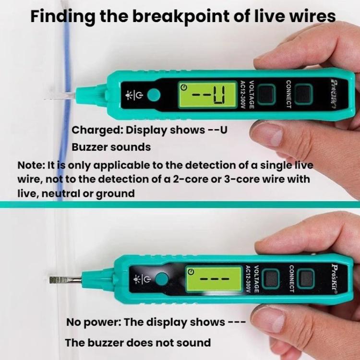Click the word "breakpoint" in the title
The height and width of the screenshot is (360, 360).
pyautogui.click(x=181, y=17)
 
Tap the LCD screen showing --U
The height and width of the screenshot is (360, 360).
pyautogui.click(x=208, y=95)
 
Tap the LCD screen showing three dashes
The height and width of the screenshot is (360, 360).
pyautogui.click(x=214, y=279)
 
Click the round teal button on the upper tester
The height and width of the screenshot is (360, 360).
pyautogui.click(x=154, y=95)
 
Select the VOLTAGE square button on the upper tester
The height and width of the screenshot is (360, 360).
pyautogui.click(x=266, y=95)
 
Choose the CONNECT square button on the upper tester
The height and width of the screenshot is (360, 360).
pyautogui.click(x=303, y=94)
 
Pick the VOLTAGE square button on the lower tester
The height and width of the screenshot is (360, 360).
pyautogui.click(x=271, y=279)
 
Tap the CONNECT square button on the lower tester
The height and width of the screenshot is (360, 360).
pyautogui.click(x=306, y=279)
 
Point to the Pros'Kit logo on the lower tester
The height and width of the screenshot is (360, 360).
pyautogui.click(x=335, y=279)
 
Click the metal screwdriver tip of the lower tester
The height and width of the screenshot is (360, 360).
pyautogui.click(x=65, y=280)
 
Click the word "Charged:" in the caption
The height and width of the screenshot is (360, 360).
pyautogui.click(x=97, y=131)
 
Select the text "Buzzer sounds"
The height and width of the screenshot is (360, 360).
pyautogui.click(x=111, y=147)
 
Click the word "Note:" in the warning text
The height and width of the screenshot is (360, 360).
pyautogui.click(x=31, y=165)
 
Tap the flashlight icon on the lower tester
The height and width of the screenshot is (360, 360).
pyautogui.click(x=137, y=279)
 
